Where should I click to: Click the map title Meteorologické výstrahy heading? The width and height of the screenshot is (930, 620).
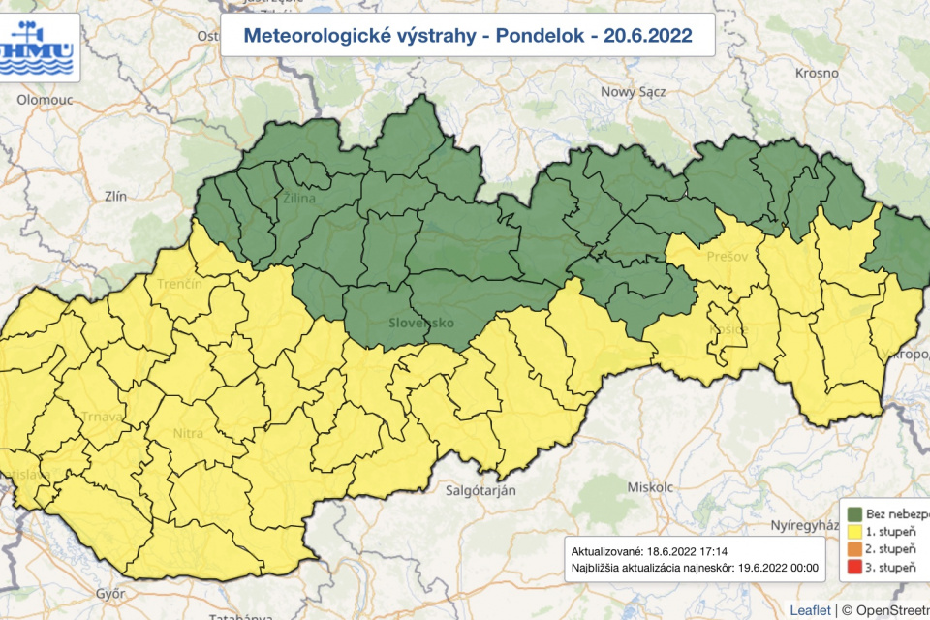click(467, 37)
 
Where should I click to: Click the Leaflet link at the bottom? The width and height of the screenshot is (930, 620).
click(809, 609)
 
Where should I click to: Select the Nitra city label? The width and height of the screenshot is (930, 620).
click(187, 434)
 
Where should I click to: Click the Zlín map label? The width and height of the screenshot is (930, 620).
click(115, 196)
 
